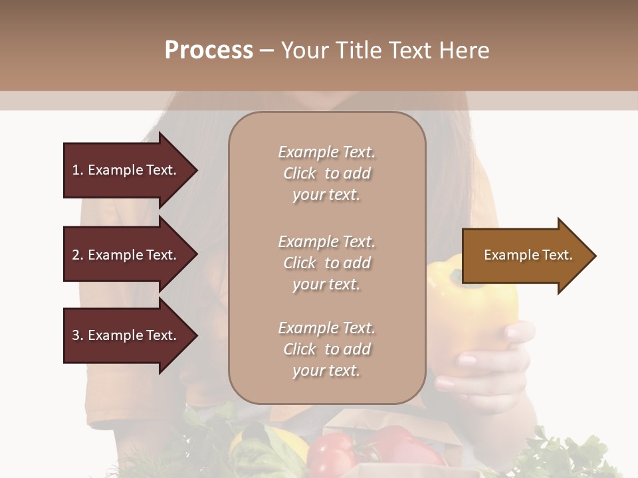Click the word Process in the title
pyautogui.click(x=209, y=50)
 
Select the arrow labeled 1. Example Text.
pyautogui.click(x=126, y=170)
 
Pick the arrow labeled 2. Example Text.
pyautogui.click(x=126, y=255)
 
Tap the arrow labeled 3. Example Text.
pyautogui.click(x=126, y=335)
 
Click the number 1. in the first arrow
pyautogui.click(x=77, y=170)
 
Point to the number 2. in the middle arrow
pyautogui.click(x=78, y=255)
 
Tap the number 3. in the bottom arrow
pyautogui.click(x=78, y=335)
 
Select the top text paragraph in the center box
pyautogui.click(x=327, y=173)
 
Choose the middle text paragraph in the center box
pyautogui.click(x=327, y=263)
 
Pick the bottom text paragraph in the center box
pyautogui.click(x=327, y=349)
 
